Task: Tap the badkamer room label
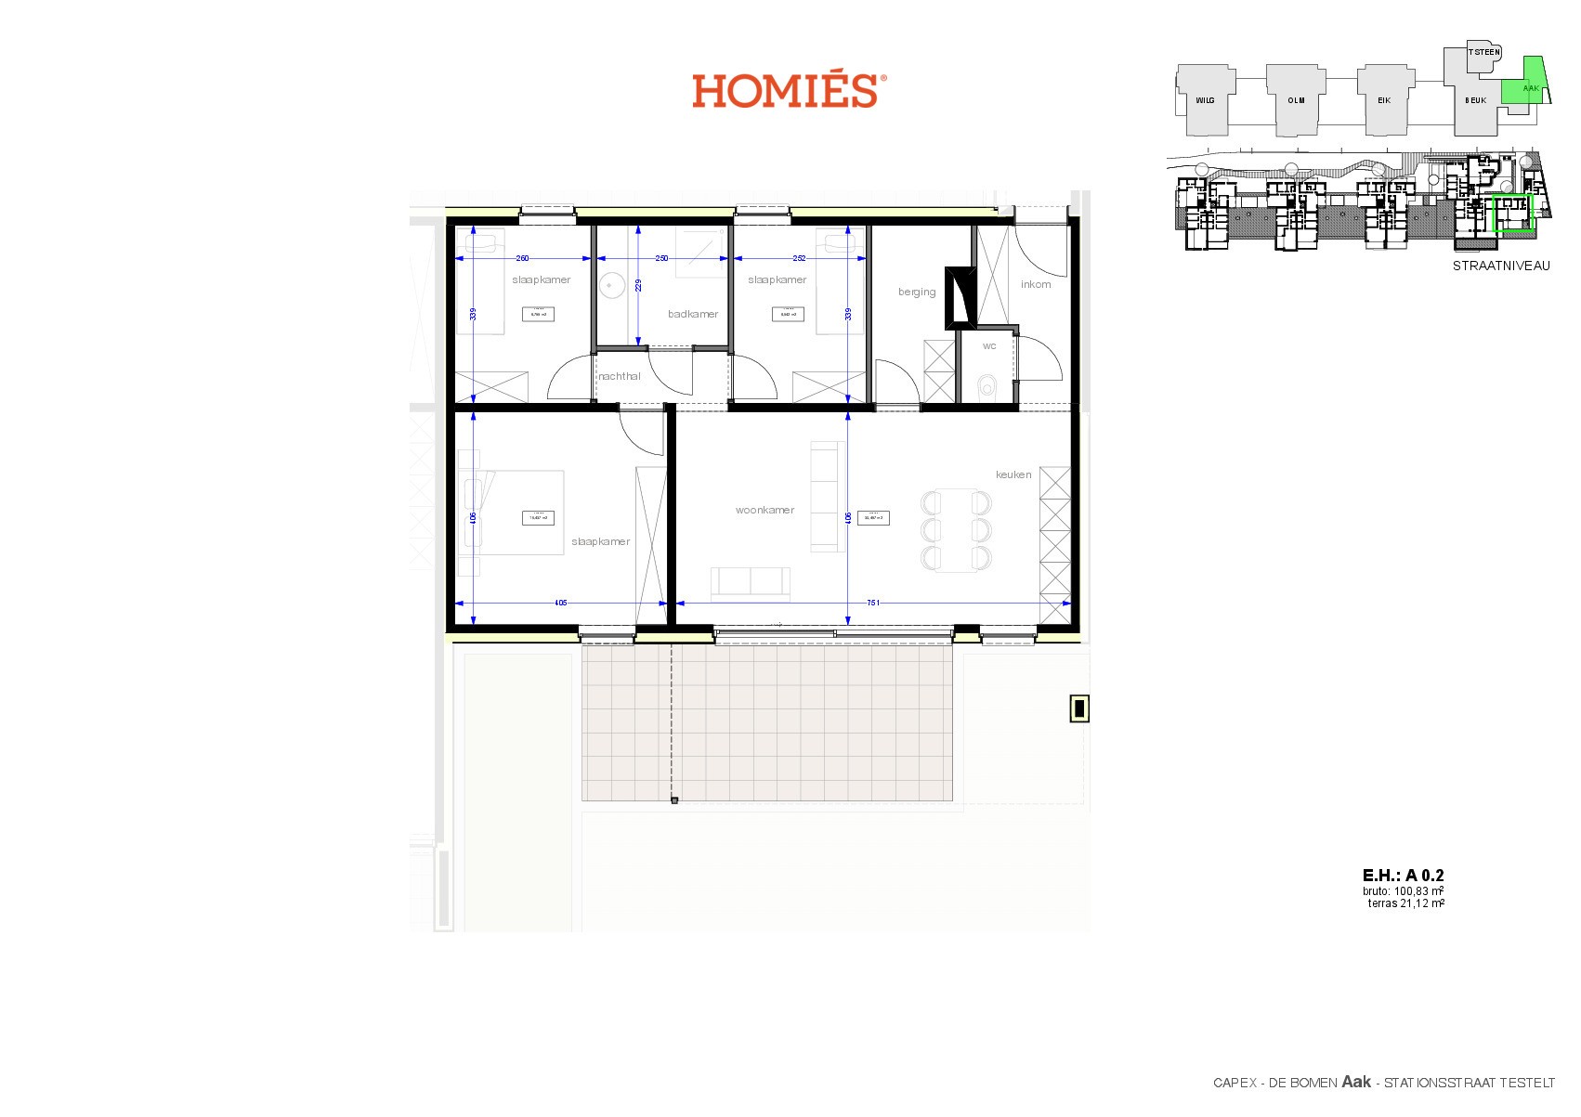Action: [693, 314]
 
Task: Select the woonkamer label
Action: [764, 510]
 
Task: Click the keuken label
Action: [1013, 474]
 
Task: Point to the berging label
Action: [917, 292]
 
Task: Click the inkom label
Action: [1036, 284]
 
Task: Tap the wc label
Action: [989, 345]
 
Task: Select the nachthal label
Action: [620, 376]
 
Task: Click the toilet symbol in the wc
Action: [987, 385]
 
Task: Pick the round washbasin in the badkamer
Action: [612, 285]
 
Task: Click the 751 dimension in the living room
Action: [873, 603]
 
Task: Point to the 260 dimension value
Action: [522, 258]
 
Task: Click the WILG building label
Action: [1205, 100]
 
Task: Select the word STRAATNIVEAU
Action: [1501, 266]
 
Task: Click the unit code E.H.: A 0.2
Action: [1403, 875]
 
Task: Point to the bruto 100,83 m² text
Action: [1404, 890]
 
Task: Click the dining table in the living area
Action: [956, 529]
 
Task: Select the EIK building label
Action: [1384, 100]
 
